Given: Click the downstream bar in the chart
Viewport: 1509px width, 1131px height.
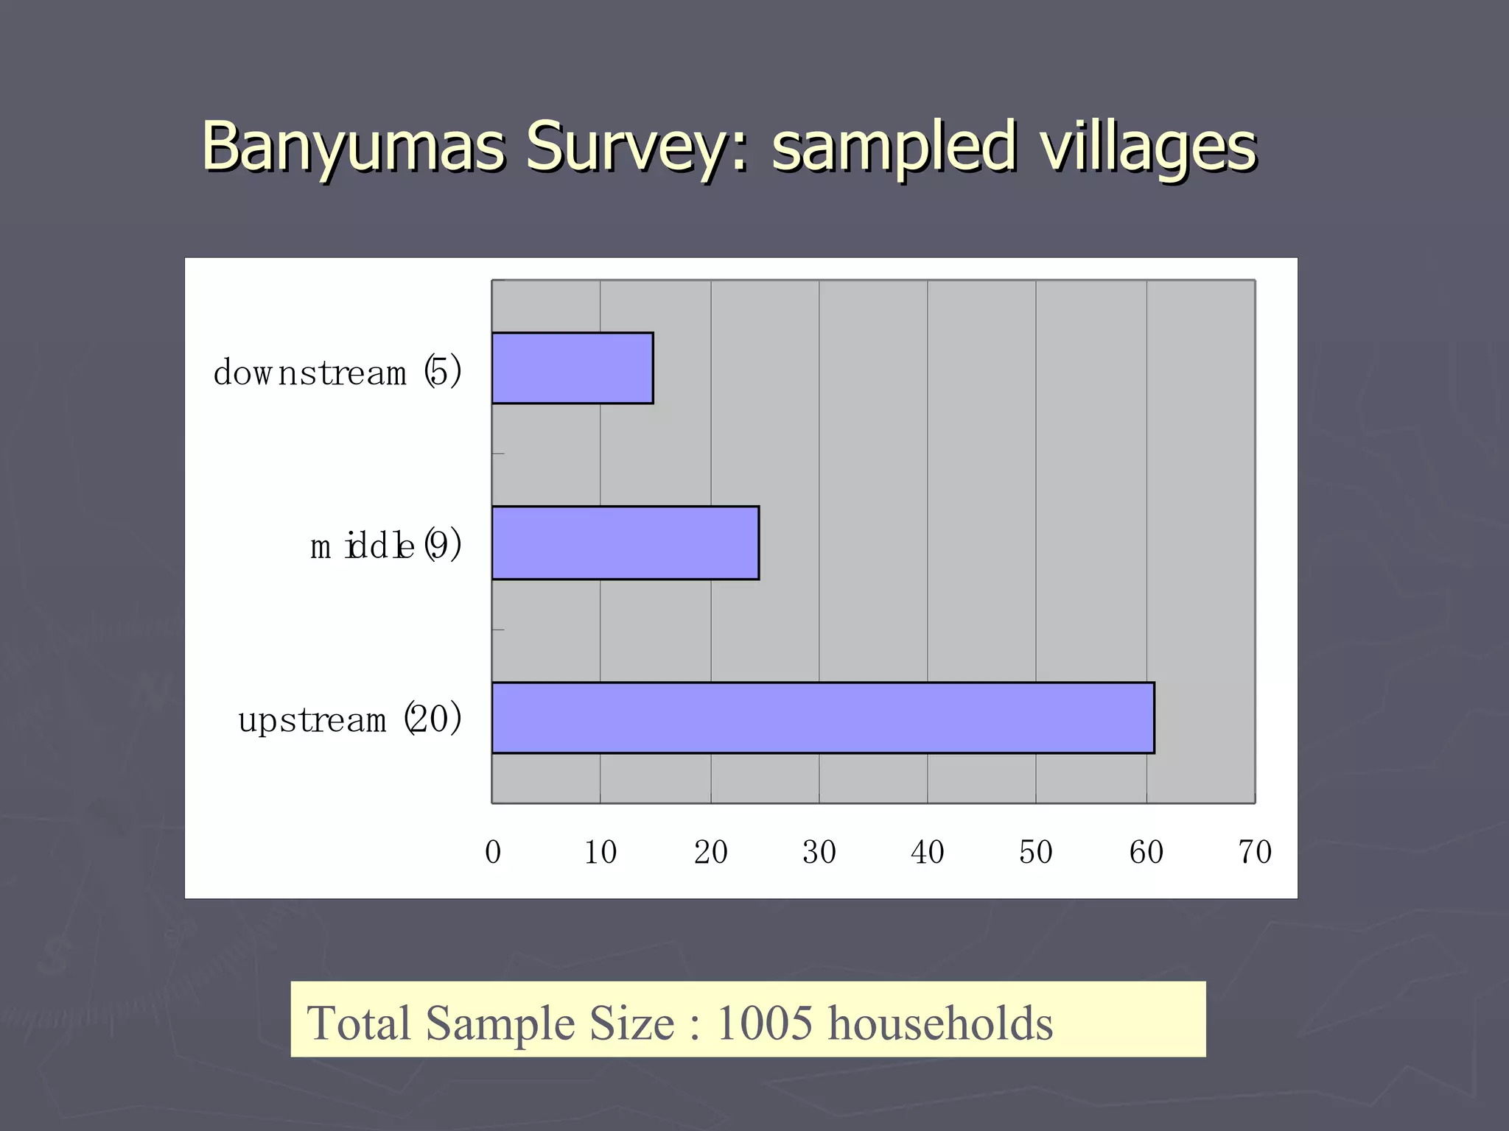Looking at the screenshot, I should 573,368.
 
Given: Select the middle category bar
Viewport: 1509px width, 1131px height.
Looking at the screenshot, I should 625,543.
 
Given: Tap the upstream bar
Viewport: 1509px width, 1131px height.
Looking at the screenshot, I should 822,718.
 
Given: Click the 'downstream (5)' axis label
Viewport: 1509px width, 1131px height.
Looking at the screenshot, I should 337,372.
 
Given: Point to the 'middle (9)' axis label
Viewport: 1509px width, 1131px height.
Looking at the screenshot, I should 385,546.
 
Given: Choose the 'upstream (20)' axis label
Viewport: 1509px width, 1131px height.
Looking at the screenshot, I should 349,719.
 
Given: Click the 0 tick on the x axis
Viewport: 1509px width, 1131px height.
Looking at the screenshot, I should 493,852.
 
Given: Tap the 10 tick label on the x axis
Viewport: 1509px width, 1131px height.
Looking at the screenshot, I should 601,852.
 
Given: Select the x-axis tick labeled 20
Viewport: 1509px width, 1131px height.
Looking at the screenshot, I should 710,852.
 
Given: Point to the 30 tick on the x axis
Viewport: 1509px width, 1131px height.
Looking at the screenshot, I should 819,852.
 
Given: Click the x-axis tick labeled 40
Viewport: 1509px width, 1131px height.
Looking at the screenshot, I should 927,852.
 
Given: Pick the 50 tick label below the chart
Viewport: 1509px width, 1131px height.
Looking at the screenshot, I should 1035,852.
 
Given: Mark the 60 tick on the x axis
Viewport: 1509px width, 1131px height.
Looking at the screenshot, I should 1146,852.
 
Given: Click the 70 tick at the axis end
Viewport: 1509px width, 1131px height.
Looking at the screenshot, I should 1254,852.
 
